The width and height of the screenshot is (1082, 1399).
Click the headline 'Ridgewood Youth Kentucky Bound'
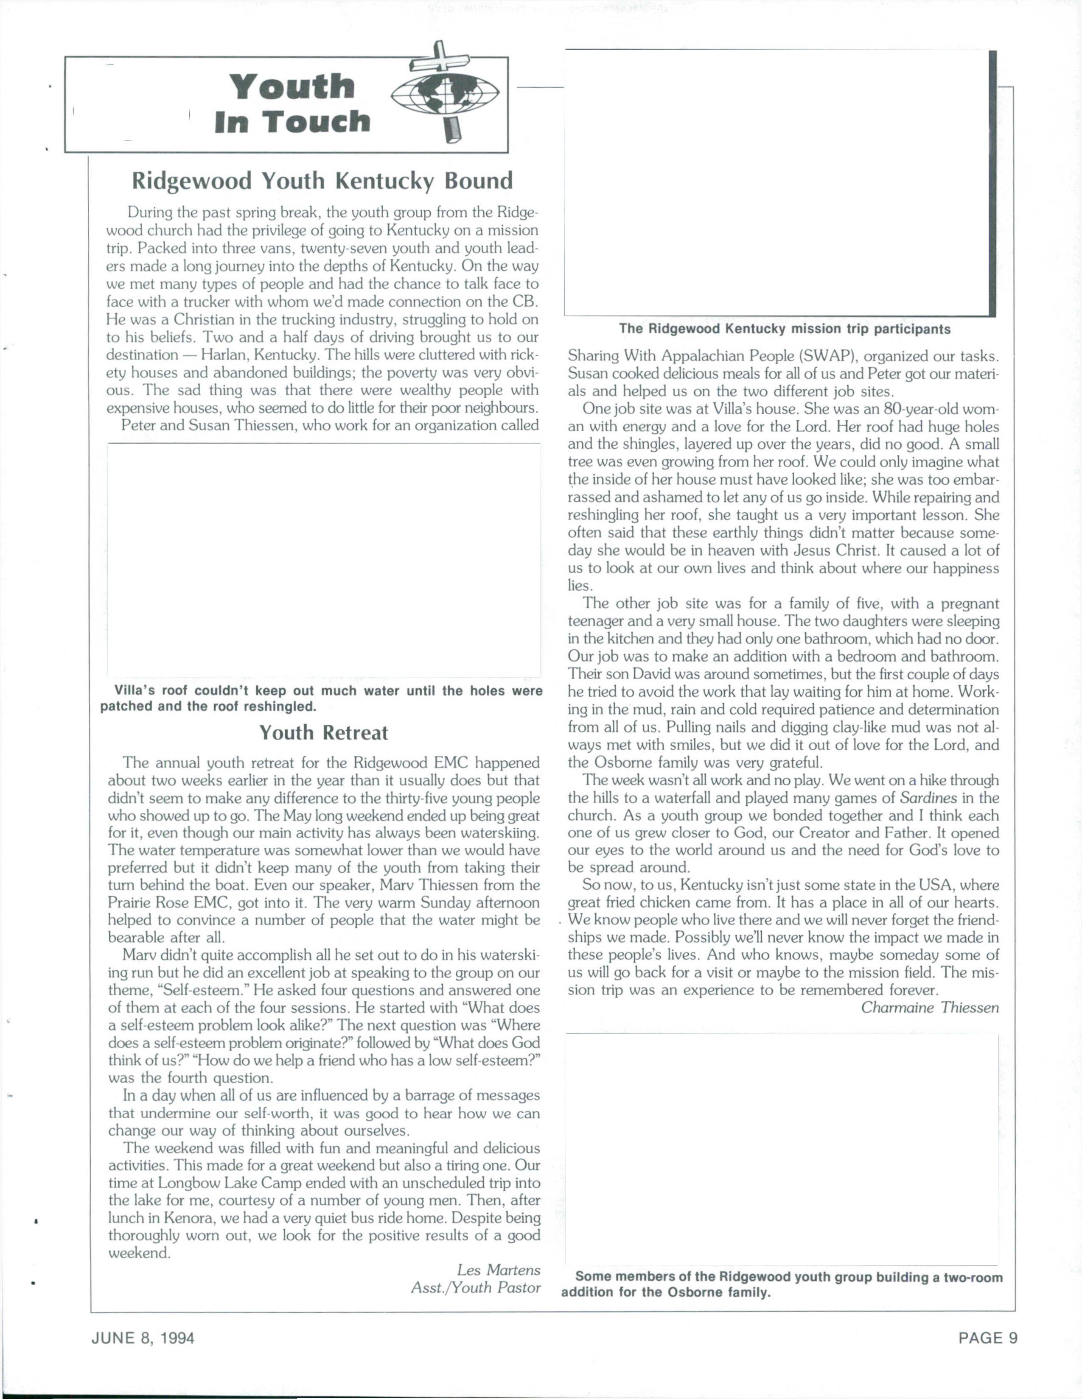coord(322,181)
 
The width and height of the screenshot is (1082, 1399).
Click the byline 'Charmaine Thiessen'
coord(929,1008)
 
